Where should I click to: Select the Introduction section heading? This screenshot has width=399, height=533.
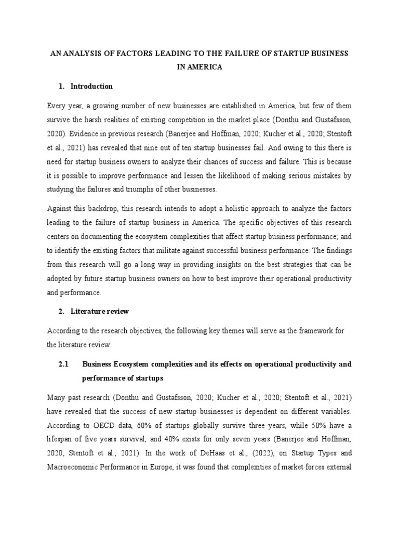91,86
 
